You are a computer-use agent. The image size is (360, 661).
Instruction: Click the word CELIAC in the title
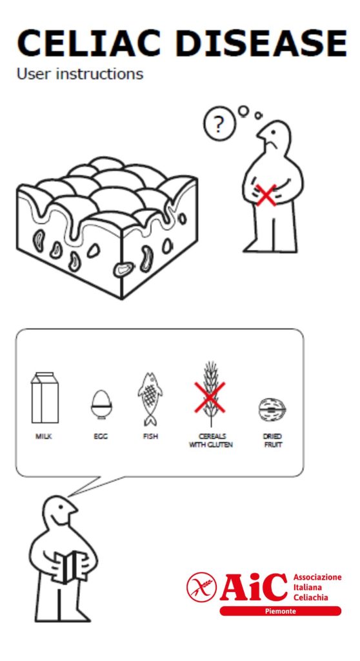(x=88, y=43)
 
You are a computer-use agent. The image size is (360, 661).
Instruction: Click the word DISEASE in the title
(x=261, y=43)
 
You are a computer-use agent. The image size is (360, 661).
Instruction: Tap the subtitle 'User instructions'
(x=80, y=74)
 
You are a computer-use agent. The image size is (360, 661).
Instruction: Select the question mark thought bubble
(x=219, y=125)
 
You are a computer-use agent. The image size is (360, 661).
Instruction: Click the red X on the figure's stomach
(x=266, y=195)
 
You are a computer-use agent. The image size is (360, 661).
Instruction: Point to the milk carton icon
(x=45, y=398)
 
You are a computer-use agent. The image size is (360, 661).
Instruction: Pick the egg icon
(x=101, y=404)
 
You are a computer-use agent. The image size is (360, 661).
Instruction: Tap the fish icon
(x=150, y=399)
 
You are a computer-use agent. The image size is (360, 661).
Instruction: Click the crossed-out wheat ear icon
(x=210, y=395)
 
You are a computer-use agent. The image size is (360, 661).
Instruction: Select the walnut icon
(x=272, y=409)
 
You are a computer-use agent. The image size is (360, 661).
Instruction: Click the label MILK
(x=44, y=437)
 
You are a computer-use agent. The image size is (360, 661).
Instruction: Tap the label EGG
(x=101, y=437)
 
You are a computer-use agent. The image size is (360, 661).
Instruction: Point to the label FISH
(x=150, y=437)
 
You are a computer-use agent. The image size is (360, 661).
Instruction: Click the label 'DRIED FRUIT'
(x=272, y=440)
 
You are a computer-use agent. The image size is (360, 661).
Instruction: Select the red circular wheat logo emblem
(x=201, y=587)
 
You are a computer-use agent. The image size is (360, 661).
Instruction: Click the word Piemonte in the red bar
(x=281, y=611)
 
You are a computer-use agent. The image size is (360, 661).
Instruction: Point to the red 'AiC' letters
(x=254, y=586)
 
